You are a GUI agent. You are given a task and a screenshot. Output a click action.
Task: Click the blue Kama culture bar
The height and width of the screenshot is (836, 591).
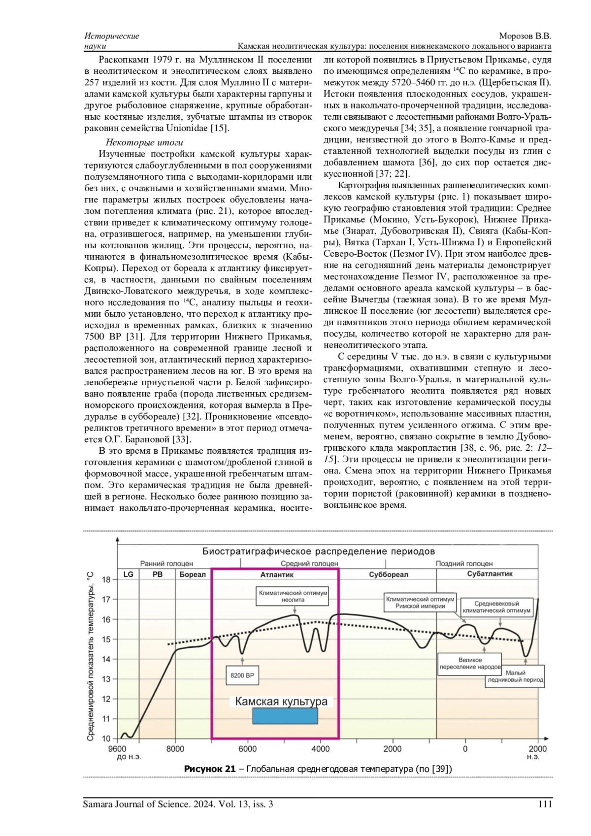point(285,716)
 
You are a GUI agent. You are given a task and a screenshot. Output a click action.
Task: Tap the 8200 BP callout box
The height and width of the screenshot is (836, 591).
point(242,675)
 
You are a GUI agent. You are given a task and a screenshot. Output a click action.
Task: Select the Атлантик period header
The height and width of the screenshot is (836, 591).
point(277,574)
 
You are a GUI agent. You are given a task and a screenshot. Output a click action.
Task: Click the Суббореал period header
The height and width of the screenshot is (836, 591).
point(388,574)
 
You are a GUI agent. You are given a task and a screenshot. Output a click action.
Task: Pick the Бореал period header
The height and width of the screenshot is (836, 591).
point(193,574)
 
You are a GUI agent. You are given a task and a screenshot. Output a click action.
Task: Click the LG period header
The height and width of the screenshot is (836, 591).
point(129,574)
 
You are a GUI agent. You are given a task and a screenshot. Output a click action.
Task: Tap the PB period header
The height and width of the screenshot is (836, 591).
point(158,574)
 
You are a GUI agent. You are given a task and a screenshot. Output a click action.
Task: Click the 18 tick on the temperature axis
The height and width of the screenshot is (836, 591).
point(107,579)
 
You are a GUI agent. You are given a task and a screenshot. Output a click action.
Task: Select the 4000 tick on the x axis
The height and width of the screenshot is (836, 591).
point(321,749)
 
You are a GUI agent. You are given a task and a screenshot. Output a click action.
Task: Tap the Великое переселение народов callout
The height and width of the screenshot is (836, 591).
point(469,663)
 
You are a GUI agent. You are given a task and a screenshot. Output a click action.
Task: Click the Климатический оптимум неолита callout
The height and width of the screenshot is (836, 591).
point(293,597)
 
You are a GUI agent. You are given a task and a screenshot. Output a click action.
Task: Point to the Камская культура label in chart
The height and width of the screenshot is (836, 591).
point(281,702)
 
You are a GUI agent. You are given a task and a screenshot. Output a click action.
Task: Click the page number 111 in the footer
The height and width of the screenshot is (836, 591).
point(545,804)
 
